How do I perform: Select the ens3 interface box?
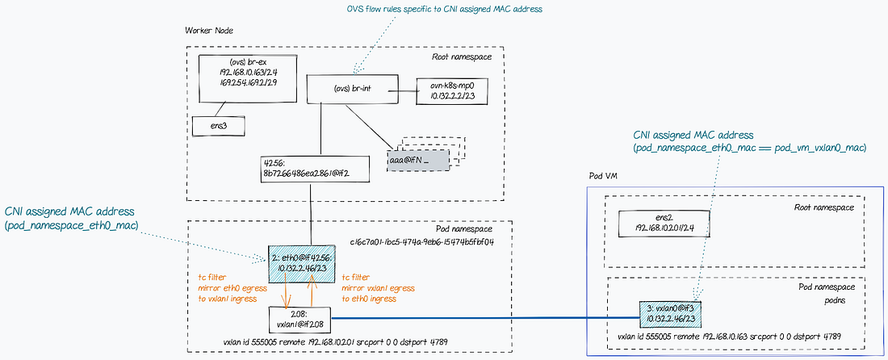pyautogui.click(x=217, y=126)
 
